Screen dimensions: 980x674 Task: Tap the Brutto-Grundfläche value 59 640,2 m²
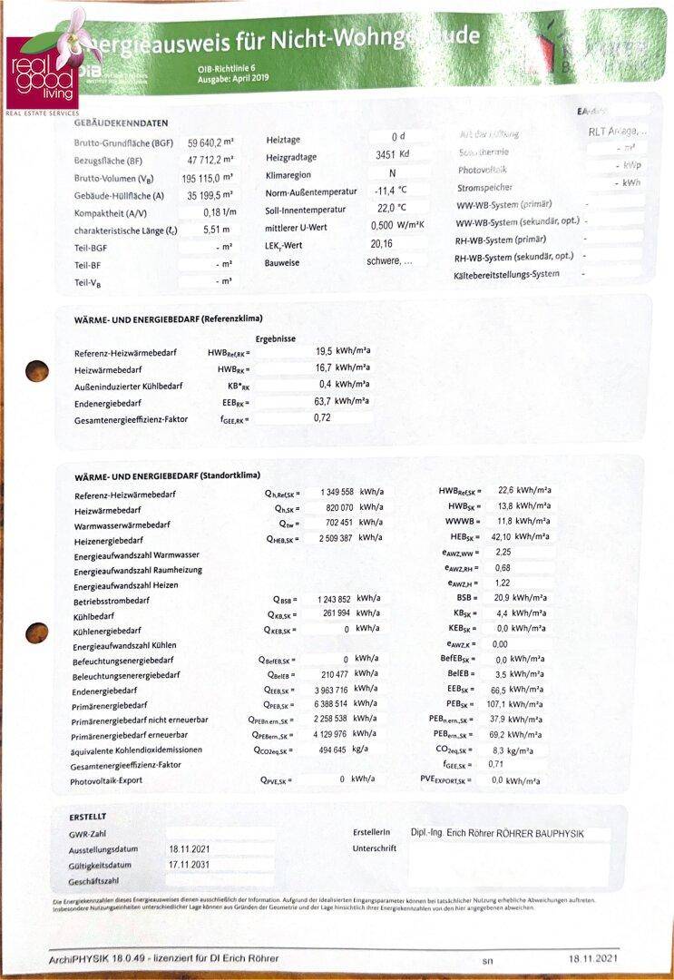pos(210,143)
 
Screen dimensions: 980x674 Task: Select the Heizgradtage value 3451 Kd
pos(392,155)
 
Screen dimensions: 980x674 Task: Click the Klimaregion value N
pos(392,173)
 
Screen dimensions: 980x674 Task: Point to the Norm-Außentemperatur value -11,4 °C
pos(390,191)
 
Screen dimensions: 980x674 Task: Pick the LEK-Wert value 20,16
pos(382,244)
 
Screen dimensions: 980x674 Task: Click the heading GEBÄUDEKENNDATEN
pos(121,122)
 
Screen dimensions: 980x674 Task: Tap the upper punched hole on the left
pos(37,370)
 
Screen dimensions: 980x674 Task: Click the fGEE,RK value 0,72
pos(323,418)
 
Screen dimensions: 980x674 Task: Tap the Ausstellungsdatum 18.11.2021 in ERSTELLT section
pos(189,849)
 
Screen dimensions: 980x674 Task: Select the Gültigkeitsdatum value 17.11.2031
pos(189,865)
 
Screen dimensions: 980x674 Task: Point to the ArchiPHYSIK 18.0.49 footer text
pos(163,958)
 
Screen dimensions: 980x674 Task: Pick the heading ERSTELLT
pos(88,817)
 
